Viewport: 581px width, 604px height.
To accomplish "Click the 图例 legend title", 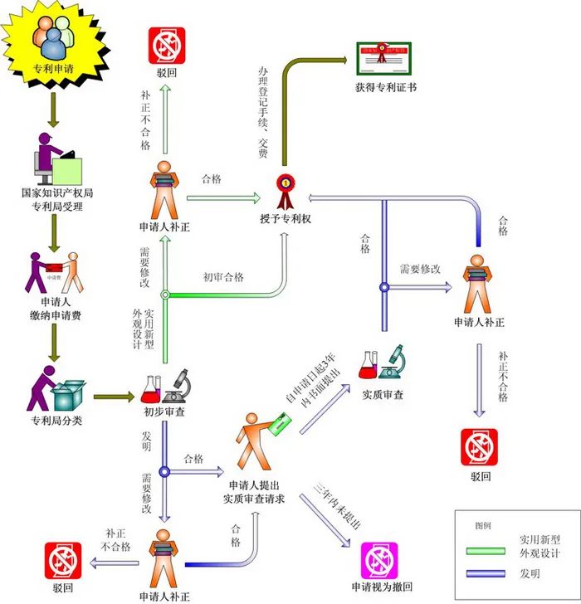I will click(483, 526).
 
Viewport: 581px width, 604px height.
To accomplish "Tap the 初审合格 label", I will click(223, 277).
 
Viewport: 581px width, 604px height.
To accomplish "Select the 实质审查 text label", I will click(383, 395).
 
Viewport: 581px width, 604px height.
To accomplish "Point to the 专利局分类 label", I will click(56, 420).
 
